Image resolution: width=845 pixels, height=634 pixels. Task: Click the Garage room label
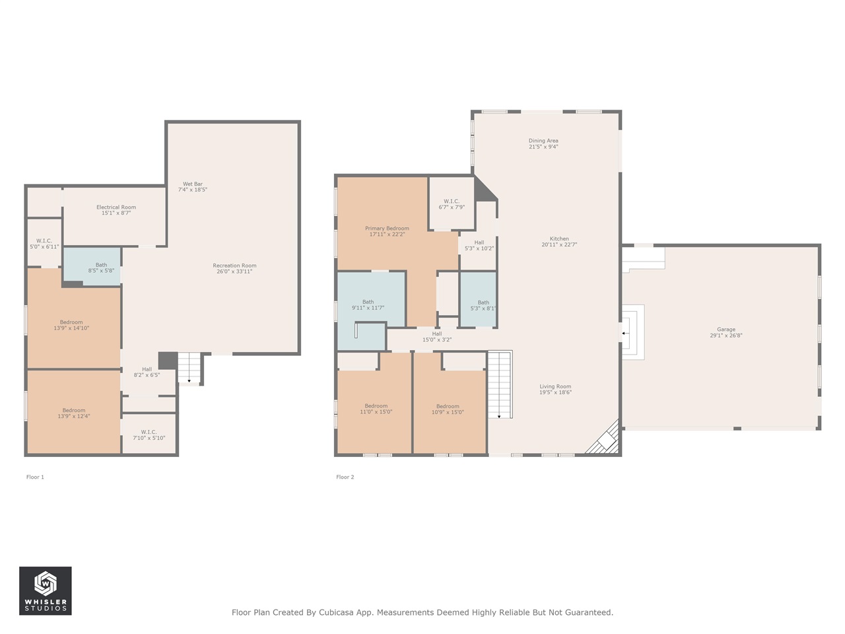coord(726,332)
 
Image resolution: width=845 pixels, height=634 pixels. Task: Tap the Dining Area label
coord(543,143)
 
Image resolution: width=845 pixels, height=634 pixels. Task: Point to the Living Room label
coord(555,389)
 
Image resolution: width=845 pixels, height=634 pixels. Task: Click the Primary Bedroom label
coord(387,231)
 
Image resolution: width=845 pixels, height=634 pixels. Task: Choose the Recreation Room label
coord(234,268)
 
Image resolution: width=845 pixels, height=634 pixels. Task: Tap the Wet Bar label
coord(193,187)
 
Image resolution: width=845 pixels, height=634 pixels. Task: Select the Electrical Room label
coord(116,210)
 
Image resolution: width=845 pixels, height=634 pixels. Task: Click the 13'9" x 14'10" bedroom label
coord(71,325)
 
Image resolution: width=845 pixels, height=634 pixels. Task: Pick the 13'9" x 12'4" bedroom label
coord(74,413)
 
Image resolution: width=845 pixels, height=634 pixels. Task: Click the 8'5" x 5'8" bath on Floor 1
coord(101,267)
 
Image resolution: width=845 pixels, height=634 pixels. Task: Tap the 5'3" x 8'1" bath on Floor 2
coord(483,305)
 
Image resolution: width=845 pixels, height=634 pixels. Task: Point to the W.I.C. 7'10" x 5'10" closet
coord(149,435)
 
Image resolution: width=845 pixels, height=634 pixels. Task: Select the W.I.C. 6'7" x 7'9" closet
coord(452,204)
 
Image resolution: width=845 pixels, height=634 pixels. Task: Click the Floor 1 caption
coord(35,477)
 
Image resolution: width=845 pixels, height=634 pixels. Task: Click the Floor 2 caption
coord(345,477)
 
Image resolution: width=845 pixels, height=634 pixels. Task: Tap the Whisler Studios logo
coord(45,590)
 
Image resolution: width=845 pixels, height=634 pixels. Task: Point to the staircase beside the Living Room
coord(500,384)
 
